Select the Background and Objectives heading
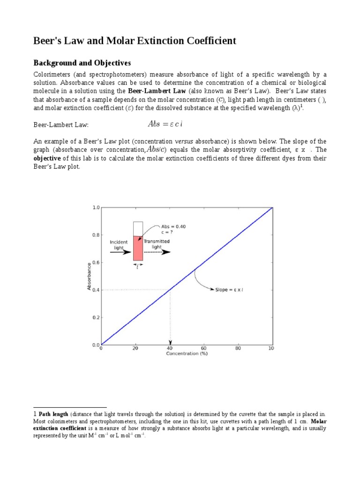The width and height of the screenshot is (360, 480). click(x=82, y=63)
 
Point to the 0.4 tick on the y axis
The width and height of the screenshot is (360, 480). click(x=96, y=290)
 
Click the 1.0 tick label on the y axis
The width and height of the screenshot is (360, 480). click(x=96, y=207)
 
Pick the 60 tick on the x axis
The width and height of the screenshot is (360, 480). click(x=204, y=348)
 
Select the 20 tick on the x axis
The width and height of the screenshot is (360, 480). click(x=135, y=348)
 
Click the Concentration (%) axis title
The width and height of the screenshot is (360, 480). click(x=187, y=354)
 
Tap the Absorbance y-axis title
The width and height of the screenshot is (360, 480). click(x=89, y=276)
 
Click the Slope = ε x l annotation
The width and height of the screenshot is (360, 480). click(x=229, y=290)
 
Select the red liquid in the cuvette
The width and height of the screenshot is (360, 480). click(x=138, y=248)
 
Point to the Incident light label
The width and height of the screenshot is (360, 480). click(x=118, y=244)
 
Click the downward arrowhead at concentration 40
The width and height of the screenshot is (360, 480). click(x=170, y=342)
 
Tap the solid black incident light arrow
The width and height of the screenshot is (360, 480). click(x=120, y=252)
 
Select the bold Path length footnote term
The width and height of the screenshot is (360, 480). click(x=53, y=414)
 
